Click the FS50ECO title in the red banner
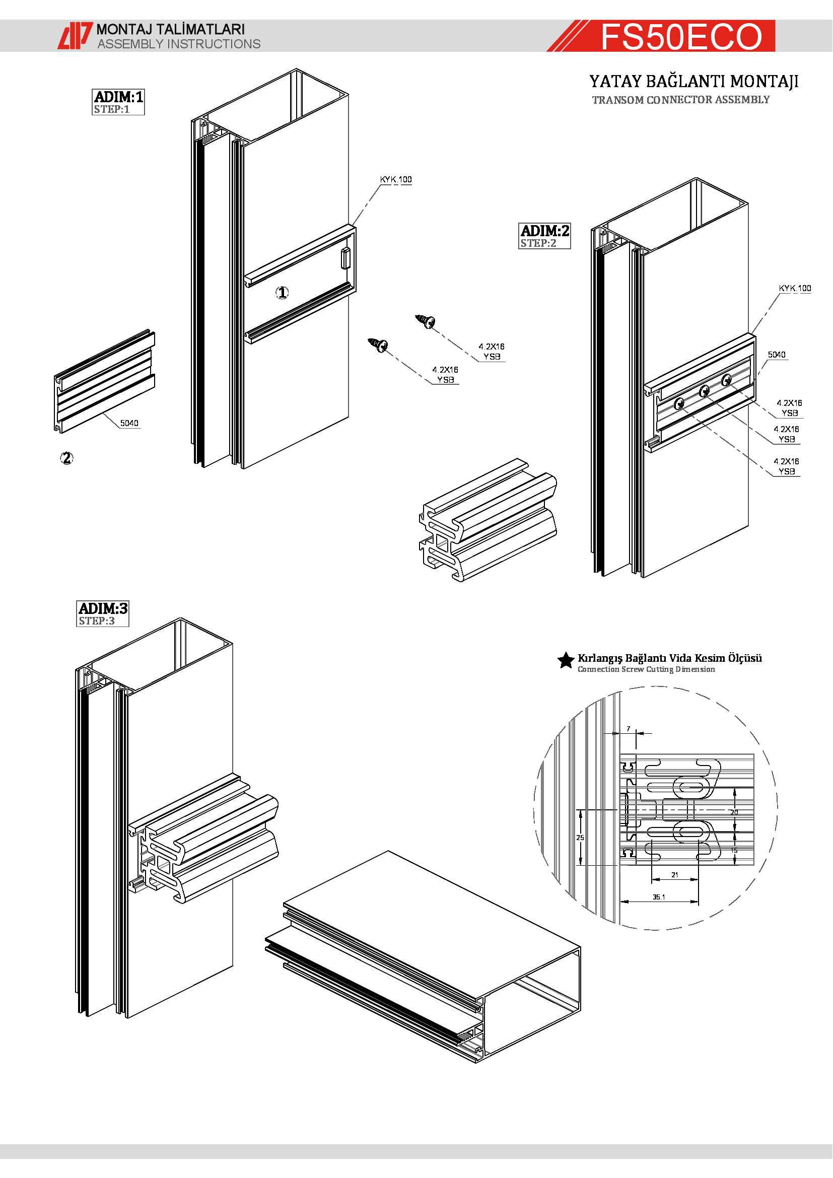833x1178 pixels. (681, 36)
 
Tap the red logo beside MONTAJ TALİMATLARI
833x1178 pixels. (75, 36)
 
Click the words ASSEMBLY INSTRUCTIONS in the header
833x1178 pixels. (179, 44)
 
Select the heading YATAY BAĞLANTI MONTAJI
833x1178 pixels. (693, 82)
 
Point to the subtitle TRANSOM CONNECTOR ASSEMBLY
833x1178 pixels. (681, 100)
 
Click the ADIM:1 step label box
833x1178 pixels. (118, 102)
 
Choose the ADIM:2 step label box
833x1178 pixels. (544, 236)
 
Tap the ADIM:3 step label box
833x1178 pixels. (103, 613)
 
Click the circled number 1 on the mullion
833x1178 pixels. (283, 293)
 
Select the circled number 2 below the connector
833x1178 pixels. (66, 458)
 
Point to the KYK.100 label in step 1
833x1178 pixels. (395, 180)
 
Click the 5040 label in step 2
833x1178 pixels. (776, 355)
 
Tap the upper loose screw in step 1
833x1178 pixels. (426, 321)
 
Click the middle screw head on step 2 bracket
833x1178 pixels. (704, 391)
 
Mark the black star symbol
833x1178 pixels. (566, 661)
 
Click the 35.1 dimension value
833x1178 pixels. (659, 897)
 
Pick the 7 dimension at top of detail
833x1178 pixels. (628, 729)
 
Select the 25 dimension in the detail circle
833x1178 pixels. (580, 838)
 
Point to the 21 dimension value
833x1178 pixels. (674, 875)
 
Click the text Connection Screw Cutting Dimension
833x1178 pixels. (646, 669)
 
